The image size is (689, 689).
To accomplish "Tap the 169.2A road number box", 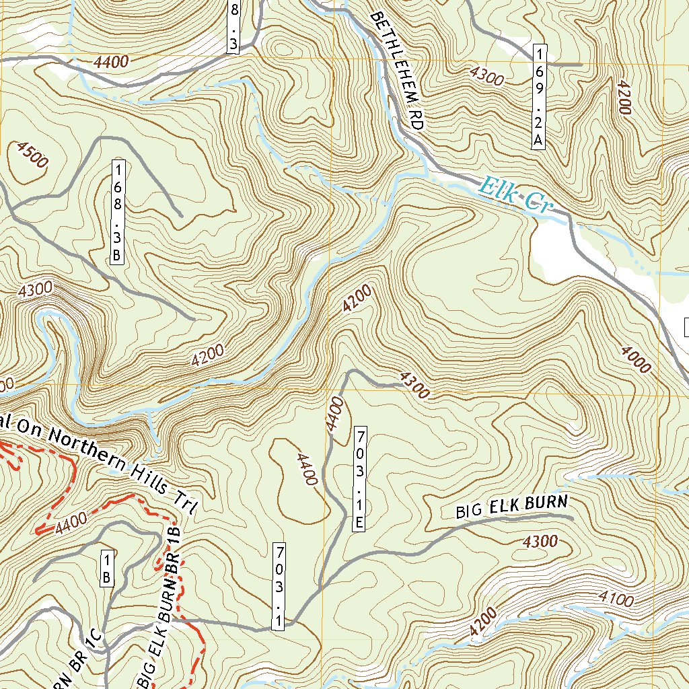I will [x=538, y=96].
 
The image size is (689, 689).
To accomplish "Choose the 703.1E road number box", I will [x=360, y=478].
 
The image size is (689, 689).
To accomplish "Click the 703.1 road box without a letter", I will [x=279, y=587].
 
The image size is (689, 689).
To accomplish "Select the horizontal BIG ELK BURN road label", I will [x=512, y=506].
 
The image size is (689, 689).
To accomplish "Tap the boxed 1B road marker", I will [x=106, y=569].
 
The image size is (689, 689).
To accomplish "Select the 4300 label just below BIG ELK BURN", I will [x=539, y=541].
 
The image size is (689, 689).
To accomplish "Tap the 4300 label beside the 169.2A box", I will [x=487, y=76].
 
